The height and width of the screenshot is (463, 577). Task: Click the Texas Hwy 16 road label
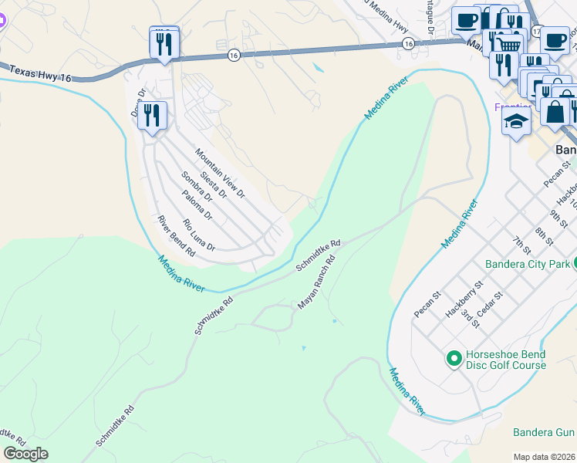coord(37,73)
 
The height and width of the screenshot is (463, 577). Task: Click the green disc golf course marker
coord(454,358)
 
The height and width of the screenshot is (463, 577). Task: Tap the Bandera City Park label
coord(528,264)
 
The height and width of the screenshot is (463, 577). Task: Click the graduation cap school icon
coord(516,120)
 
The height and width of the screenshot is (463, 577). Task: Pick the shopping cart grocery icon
coord(507,43)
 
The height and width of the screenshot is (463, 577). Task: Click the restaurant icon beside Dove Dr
coord(153,116)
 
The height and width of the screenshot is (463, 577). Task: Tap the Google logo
coord(25,453)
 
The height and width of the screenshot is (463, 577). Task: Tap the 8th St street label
coord(544,235)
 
